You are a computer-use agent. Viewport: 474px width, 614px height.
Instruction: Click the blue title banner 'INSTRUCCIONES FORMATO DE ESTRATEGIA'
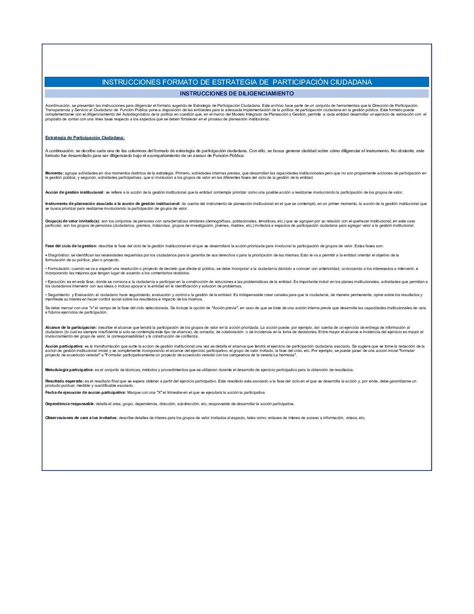(x=237, y=82)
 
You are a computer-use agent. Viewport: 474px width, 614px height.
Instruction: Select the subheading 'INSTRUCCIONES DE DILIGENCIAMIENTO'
(x=237, y=93)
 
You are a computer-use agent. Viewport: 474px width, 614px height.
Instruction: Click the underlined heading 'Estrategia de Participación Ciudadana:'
(x=85, y=138)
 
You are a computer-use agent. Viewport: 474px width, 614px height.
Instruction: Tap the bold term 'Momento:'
(x=54, y=173)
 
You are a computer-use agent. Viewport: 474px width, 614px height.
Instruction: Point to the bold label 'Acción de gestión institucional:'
(x=74, y=192)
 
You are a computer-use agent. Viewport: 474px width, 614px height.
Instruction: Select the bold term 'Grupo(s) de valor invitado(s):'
(x=73, y=221)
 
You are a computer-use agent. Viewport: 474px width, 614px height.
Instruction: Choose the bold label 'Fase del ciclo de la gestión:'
(x=71, y=246)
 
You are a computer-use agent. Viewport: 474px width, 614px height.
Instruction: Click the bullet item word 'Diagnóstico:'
(x=59, y=255)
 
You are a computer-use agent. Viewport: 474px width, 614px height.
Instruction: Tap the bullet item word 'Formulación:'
(x=59, y=269)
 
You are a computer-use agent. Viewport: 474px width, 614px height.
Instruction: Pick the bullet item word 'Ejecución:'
(x=57, y=282)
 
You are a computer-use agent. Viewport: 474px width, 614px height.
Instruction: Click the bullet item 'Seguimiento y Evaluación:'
(x=70, y=295)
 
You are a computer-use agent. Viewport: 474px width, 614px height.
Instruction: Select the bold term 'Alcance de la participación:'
(x=71, y=327)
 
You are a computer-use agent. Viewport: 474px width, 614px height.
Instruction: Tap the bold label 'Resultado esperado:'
(x=64, y=381)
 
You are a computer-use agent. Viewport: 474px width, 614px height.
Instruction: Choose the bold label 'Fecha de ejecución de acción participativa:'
(x=85, y=392)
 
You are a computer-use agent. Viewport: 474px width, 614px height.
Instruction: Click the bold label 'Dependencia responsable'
(x=69, y=404)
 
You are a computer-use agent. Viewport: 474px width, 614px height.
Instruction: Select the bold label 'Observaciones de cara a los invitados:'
(x=81, y=418)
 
